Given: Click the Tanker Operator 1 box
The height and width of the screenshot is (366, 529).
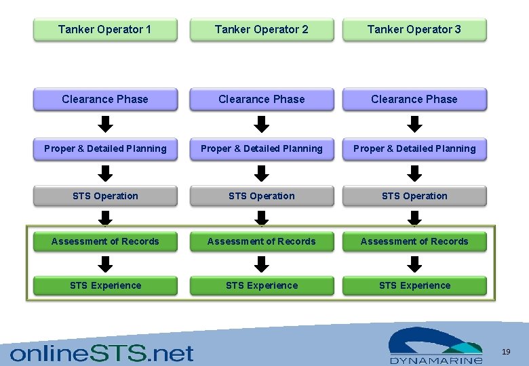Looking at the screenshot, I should pyautogui.click(x=105, y=29).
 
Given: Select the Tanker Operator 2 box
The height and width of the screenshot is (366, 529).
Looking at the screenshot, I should pyautogui.click(x=262, y=29).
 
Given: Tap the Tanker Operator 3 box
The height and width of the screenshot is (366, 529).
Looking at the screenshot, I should pyautogui.click(x=414, y=29).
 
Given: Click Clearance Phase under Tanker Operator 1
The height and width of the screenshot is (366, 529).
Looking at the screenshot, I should pyautogui.click(x=105, y=99).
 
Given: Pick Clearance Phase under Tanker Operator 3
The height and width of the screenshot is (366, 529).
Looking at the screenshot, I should pyautogui.click(x=414, y=99).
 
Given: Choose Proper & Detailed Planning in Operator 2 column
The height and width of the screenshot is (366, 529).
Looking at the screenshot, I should pyautogui.click(x=262, y=148).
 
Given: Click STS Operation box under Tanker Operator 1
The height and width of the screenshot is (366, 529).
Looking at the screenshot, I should pyautogui.click(x=105, y=196).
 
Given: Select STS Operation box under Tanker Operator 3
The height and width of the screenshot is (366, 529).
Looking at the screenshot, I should pyautogui.click(x=414, y=196).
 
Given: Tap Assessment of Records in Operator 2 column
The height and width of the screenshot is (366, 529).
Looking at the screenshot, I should pyautogui.click(x=262, y=241).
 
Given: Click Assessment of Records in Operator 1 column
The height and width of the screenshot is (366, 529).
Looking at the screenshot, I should pyautogui.click(x=105, y=241).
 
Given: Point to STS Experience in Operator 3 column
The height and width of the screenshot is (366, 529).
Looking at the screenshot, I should pyautogui.click(x=414, y=285).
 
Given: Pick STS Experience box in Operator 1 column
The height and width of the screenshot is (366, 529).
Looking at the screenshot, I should pyautogui.click(x=105, y=285).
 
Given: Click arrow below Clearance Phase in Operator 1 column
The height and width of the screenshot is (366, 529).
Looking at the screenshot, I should pyautogui.click(x=106, y=124).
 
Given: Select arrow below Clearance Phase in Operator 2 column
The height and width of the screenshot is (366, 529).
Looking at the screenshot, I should pyautogui.click(x=262, y=124).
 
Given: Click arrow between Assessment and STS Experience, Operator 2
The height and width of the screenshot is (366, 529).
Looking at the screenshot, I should pyautogui.click(x=262, y=264).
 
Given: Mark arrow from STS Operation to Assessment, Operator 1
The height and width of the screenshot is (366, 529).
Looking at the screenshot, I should pyautogui.click(x=106, y=218).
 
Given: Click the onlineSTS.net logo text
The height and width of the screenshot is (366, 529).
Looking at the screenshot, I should pyautogui.click(x=102, y=352).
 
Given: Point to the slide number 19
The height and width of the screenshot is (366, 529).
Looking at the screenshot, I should pyautogui.click(x=506, y=352).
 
